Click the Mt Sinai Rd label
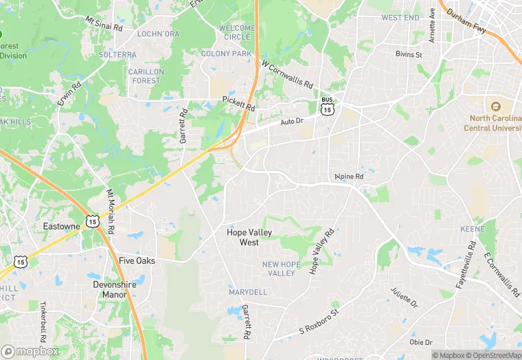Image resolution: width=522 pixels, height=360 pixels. pyautogui.click(x=104, y=23)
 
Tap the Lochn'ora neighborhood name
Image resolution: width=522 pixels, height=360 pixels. pyautogui.click(x=158, y=34)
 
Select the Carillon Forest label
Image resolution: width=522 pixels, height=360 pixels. pyautogui.click(x=146, y=76)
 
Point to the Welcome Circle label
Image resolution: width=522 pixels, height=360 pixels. pyautogui.click(x=236, y=32)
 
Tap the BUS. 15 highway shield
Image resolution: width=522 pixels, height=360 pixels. pyautogui.click(x=328, y=106)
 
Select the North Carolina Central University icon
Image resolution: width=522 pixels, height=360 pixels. pyautogui.click(x=494, y=106)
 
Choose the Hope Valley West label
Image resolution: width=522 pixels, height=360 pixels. pyautogui.click(x=249, y=237)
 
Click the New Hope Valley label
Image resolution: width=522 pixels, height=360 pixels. pyautogui.click(x=278, y=269)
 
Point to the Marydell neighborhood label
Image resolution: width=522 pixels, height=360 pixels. pyautogui.click(x=247, y=292)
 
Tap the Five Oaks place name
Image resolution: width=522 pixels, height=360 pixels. pyautogui.click(x=137, y=261)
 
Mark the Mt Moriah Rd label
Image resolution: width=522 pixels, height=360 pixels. pyautogui.click(x=110, y=210)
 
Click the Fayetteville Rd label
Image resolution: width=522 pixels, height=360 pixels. pyautogui.click(x=465, y=265)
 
